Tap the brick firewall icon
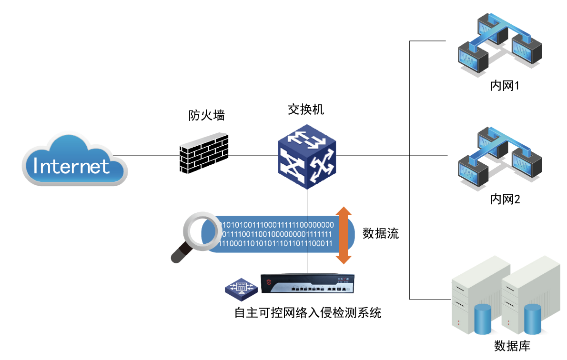pos(204,154)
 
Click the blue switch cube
pos(307,157)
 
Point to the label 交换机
pos(306,110)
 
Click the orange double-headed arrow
pos(343,235)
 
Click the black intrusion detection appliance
pos(307,285)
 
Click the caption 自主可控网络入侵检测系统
pos(308,313)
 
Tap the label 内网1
pos(505,87)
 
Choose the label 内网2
pos(505,199)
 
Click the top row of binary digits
pos(275,224)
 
